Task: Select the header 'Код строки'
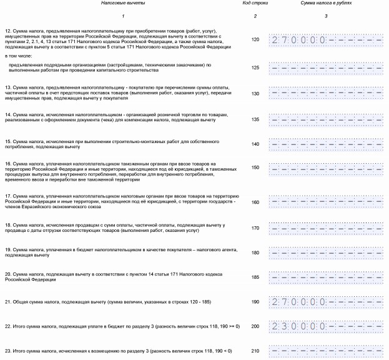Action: (254, 4)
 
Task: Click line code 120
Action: (255, 39)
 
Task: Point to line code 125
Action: (255, 67)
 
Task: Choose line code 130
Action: (255, 93)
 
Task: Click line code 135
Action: (255, 119)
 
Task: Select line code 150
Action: (255, 167)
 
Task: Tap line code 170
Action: (255, 227)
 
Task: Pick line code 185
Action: (255, 276)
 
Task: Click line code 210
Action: (255, 350)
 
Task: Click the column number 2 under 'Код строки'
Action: (255, 15)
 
